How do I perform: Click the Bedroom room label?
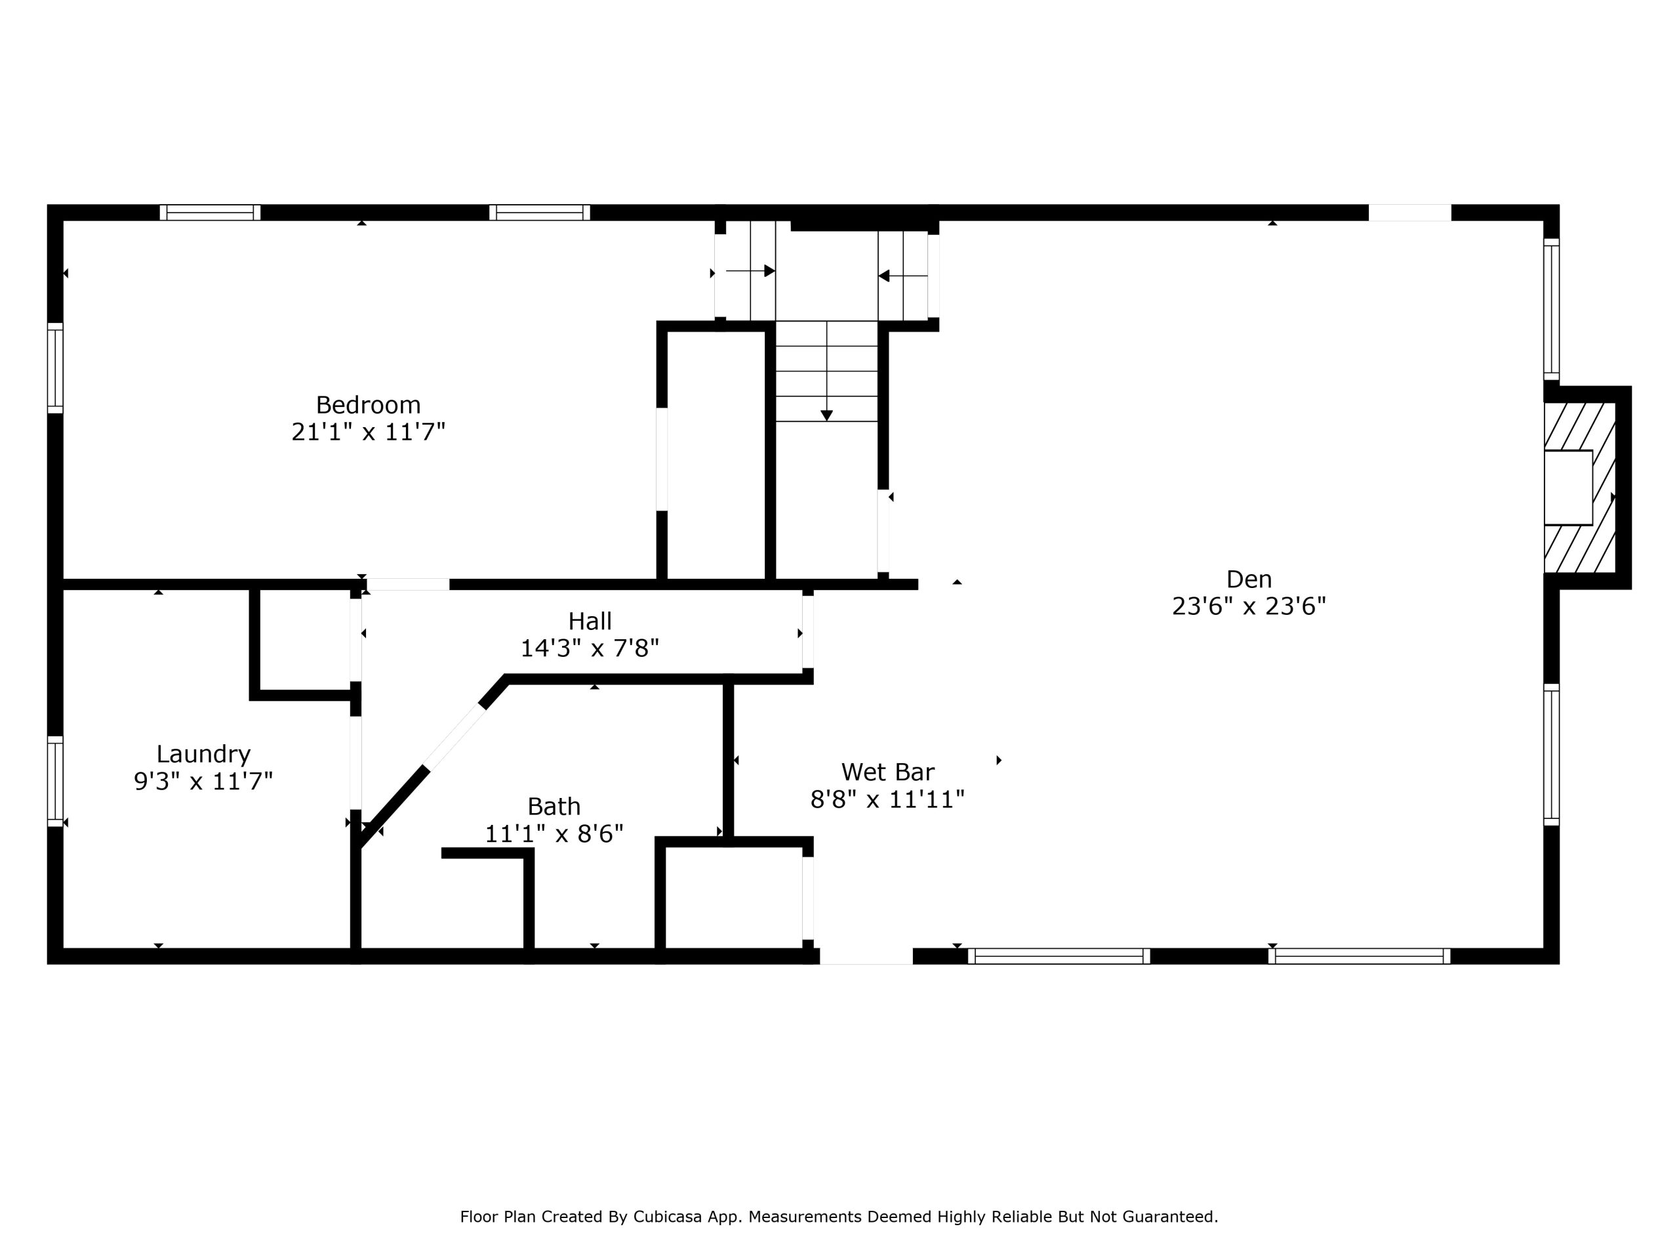pos(368,405)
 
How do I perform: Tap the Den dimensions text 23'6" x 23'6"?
pos(1249,606)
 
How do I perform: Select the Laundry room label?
pos(203,754)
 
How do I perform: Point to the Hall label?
pos(590,621)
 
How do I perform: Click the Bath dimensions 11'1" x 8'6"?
pos(554,834)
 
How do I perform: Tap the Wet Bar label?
pos(887,772)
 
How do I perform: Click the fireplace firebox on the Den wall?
pos(1568,488)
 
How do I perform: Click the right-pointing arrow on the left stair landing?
pos(750,271)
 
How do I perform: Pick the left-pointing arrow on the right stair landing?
pos(902,276)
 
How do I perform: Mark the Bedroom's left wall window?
pos(55,368)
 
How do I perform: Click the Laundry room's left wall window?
pos(55,781)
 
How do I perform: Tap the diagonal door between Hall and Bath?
pos(453,737)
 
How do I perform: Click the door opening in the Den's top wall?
pos(1409,213)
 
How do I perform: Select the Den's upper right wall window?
pos(1552,309)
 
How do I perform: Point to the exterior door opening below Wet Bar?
pos(866,956)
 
